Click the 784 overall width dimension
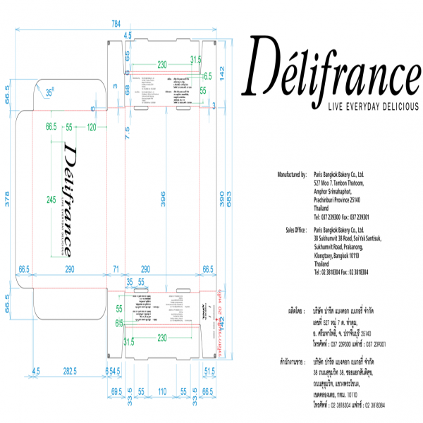[x=116, y=24]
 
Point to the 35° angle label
[x=50, y=92]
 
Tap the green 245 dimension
[x=51, y=200]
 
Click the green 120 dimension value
[x=91, y=127]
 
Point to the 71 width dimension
[x=116, y=269]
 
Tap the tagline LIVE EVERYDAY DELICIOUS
[x=365, y=106]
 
